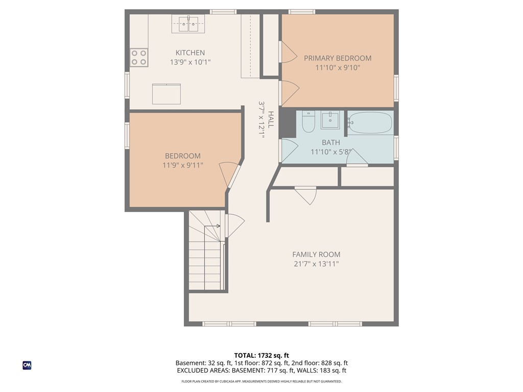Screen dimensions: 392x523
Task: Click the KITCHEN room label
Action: (x=190, y=53)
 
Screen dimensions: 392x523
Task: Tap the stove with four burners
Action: (x=138, y=57)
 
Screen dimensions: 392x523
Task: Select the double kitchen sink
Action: (x=188, y=23)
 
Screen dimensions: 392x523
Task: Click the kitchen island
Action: (x=167, y=94)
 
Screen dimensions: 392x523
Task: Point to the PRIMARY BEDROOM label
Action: (x=338, y=58)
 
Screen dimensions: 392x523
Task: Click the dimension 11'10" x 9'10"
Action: (x=338, y=67)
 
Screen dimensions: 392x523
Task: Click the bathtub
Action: (x=370, y=123)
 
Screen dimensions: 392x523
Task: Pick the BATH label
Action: (x=330, y=142)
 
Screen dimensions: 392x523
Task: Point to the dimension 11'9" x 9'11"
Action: (x=182, y=165)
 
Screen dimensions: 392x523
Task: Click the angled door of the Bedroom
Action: (x=231, y=176)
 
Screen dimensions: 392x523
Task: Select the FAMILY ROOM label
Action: (x=316, y=255)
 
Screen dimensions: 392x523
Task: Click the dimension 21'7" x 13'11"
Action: (x=316, y=264)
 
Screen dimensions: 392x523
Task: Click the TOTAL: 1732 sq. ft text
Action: (x=261, y=355)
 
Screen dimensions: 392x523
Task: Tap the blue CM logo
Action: (x=27, y=365)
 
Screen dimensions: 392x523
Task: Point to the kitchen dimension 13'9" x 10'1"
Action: (x=190, y=62)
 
